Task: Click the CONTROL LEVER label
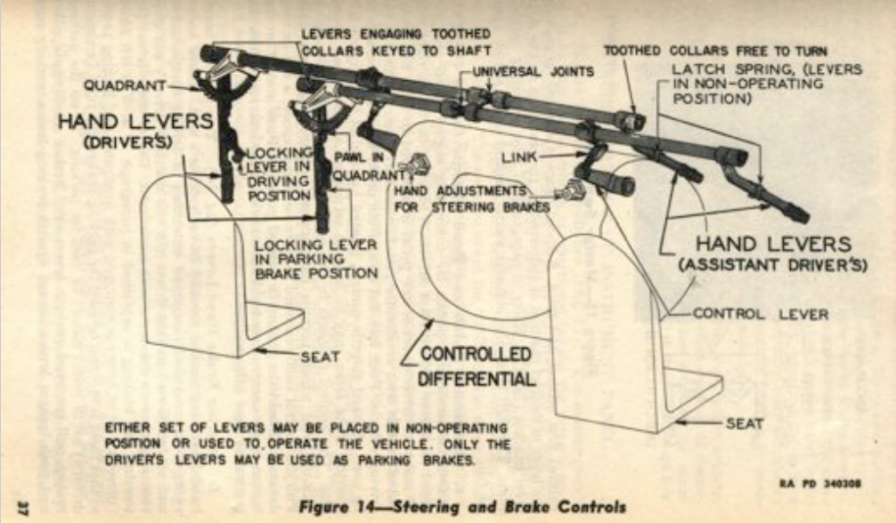(x=760, y=313)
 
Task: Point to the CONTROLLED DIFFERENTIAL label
(x=477, y=366)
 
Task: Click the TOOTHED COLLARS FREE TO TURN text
(x=715, y=51)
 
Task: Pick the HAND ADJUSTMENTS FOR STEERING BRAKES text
(x=469, y=198)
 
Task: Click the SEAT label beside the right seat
(x=744, y=422)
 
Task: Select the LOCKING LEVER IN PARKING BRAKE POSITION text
(x=315, y=258)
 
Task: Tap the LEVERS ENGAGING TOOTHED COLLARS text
(x=395, y=41)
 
